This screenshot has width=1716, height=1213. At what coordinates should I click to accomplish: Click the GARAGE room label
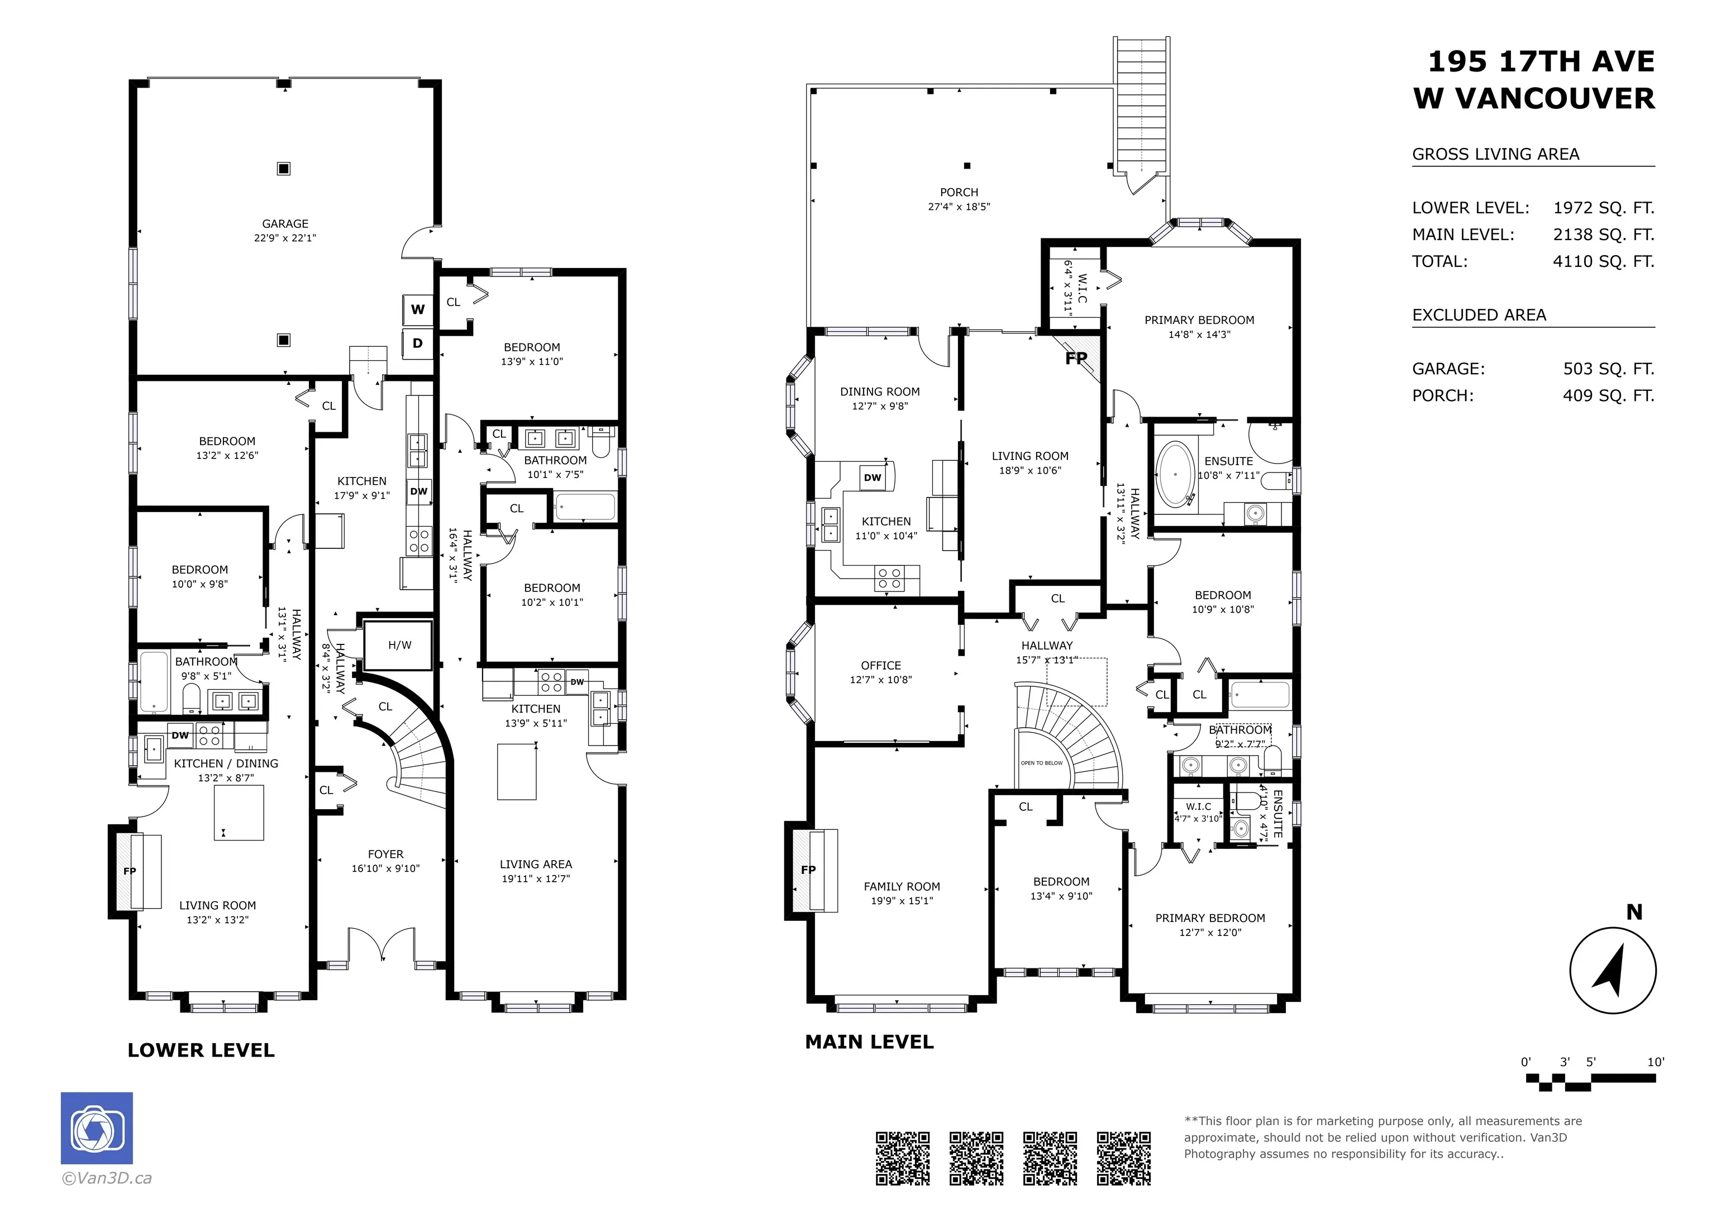coord(285,223)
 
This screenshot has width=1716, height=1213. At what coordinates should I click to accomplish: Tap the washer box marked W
coord(418,309)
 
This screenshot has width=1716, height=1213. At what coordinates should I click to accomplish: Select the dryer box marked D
coord(418,343)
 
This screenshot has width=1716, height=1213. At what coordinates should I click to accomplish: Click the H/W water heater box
coord(399,645)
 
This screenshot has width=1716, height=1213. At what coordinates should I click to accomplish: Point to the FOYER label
coord(385,854)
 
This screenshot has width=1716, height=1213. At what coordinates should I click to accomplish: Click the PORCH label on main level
coord(959,192)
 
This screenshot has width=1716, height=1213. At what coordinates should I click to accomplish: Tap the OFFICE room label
coord(881,665)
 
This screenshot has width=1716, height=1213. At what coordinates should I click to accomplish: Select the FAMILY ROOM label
coord(902,886)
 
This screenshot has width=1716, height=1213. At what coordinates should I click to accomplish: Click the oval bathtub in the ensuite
coord(1176,475)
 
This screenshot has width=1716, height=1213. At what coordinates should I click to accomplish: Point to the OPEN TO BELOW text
coord(1042,763)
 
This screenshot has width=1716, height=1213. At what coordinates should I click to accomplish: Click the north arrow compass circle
coord(1613,970)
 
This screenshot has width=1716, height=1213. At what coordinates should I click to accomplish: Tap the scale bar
coord(1590,1081)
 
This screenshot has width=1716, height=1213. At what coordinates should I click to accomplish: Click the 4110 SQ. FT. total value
coord(1603,261)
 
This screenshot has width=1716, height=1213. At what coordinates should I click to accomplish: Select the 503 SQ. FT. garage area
coord(1608,369)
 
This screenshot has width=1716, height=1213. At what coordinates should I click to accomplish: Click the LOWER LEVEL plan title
coord(201,1050)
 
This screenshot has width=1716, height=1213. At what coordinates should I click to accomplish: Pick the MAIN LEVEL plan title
coord(869,1042)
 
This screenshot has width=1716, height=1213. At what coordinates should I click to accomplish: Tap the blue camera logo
coord(97,1128)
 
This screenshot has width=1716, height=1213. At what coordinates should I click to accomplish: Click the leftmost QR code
coord(903,1158)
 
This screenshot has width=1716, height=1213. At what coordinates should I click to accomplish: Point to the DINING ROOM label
coord(880,391)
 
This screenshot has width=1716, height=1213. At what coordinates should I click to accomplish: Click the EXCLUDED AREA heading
coord(1479,316)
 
